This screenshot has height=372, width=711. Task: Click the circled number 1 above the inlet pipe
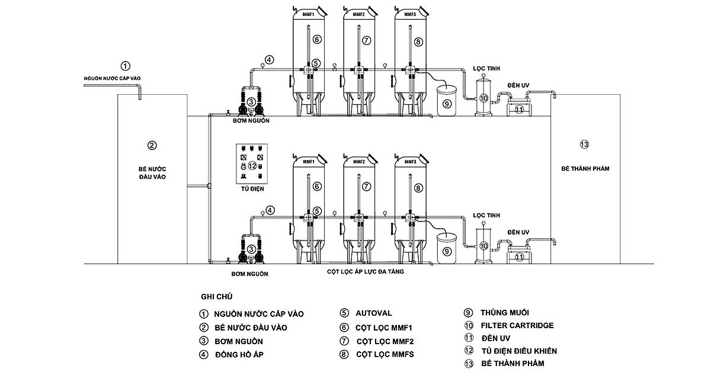pyautogui.click(x=126, y=66)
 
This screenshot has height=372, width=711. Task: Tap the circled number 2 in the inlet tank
pyautogui.click(x=152, y=145)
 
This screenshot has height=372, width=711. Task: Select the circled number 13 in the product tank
pyautogui.click(x=584, y=145)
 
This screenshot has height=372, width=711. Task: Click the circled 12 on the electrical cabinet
pyautogui.click(x=252, y=166)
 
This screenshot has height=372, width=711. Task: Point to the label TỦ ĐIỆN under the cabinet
pyautogui.click(x=252, y=188)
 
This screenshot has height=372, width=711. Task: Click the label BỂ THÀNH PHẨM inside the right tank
pyautogui.click(x=585, y=169)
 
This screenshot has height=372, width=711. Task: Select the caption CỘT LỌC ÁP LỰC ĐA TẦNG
pyautogui.click(x=366, y=272)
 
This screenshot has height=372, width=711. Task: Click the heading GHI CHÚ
pyautogui.click(x=216, y=296)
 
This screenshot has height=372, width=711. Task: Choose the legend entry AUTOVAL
pyautogui.click(x=374, y=313)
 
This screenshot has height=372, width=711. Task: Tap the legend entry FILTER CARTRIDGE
pyautogui.click(x=517, y=325)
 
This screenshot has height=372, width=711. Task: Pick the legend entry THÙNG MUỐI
pyautogui.click(x=505, y=313)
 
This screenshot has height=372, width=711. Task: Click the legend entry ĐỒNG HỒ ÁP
pyautogui.click(x=239, y=355)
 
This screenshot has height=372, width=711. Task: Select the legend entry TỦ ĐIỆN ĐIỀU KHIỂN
pyautogui.click(x=519, y=351)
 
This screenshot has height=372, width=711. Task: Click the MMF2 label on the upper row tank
pyautogui.click(x=359, y=14)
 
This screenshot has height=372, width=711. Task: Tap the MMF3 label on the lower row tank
pyautogui.click(x=410, y=162)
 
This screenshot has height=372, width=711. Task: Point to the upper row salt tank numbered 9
pyautogui.click(x=447, y=101)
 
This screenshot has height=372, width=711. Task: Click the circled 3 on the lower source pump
pyautogui.click(x=251, y=249)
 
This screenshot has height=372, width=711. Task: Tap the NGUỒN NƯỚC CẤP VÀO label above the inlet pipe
pyautogui.click(x=112, y=78)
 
